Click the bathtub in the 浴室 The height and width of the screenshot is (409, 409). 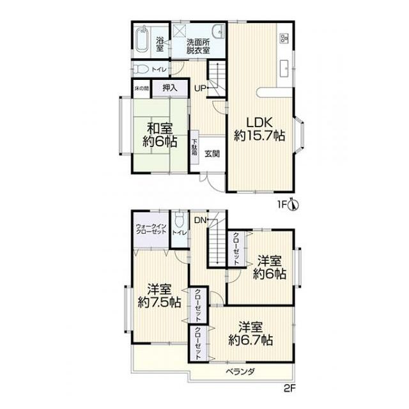pyautogui.click(x=142, y=40)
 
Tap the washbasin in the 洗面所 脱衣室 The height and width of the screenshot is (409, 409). pyautogui.click(x=219, y=31)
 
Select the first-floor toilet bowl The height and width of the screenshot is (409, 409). pyautogui.click(x=141, y=70)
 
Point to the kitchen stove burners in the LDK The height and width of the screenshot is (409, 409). pyautogui.click(x=284, y=38)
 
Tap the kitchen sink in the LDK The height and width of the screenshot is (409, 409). pyautogui.click(x=284, y=68)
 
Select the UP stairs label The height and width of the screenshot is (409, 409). pyautogui.click(x=200, y=88)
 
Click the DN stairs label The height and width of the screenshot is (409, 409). pyautogui.click(x=200, y=220)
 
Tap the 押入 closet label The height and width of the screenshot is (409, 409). pyautogui.click(x=170, y=88)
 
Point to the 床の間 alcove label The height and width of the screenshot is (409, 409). pyautogui.click(x=142, y=88)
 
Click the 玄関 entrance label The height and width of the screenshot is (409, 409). pyautogui.click(x=212, y=153)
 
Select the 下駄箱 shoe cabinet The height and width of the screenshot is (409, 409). pyautogui.click(x=194, y=147)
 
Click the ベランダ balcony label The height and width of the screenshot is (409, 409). pyautogui.click(x=240, y=371)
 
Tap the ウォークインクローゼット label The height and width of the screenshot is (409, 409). pyautogui.click(x=151, y=229)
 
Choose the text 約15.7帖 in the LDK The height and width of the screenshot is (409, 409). pyautogui.click(x=259, y=135)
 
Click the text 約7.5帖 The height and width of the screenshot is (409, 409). pyautogui.click(x=159, y=302)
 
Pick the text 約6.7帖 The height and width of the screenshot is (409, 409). pyautogui.click(x=251, y=340)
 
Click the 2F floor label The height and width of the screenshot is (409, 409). pyautogui.click(x=289, y=389)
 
